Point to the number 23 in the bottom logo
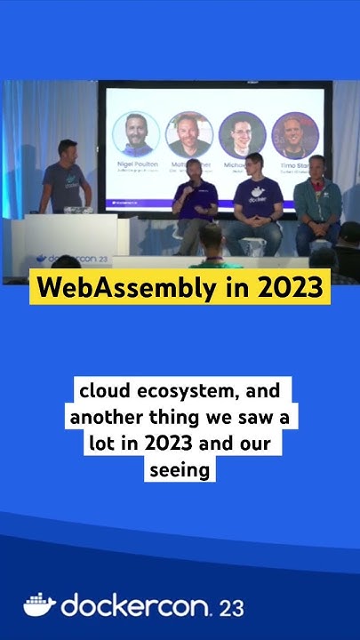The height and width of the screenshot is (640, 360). point(231,608)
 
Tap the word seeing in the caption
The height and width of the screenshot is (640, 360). point(180,468)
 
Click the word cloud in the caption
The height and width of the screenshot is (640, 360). point(105,391)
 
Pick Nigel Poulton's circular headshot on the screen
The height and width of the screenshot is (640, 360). point(135,135)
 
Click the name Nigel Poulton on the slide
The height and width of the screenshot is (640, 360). point(135,165)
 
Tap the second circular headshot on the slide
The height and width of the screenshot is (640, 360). point(188,135)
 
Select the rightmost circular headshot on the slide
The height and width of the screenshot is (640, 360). point(295,135)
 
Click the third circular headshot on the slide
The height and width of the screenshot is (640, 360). point(242,135)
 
